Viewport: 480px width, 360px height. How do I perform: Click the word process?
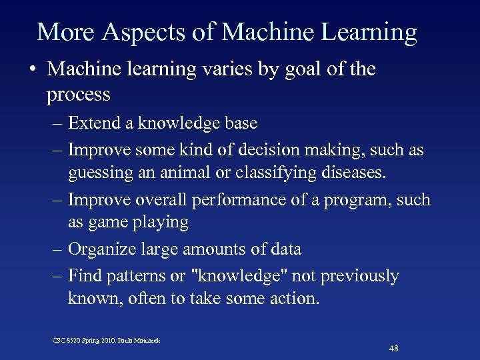pos(79,95)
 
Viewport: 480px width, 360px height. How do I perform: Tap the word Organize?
pos(103,249)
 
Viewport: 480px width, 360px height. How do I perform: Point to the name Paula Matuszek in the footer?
pos(145,341)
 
